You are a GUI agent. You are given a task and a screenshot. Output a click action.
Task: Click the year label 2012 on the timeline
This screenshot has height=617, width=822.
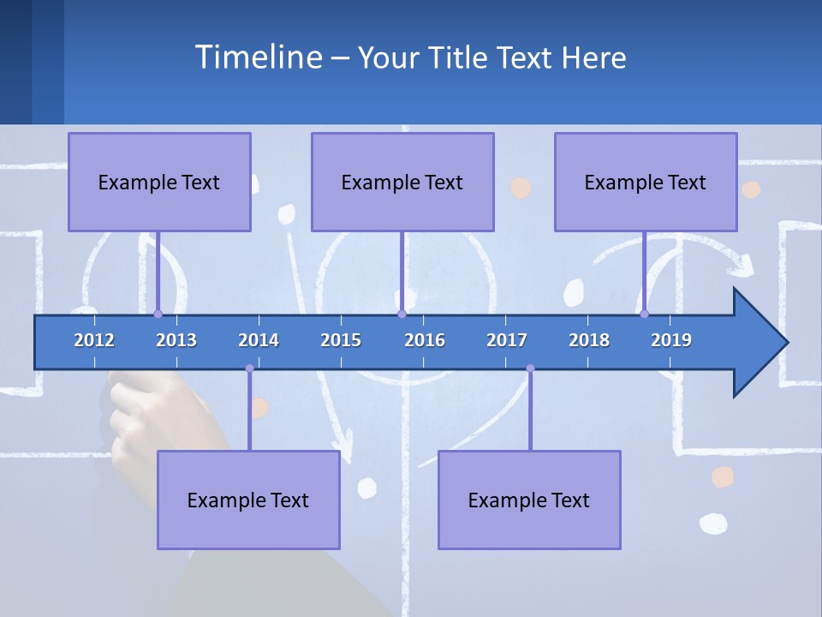(x=94, y=340)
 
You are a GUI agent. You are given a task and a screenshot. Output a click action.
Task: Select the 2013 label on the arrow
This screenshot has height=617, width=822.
(x=176, y=340)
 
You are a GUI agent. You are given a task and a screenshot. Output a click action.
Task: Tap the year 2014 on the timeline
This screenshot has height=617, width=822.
(x=259, y=340)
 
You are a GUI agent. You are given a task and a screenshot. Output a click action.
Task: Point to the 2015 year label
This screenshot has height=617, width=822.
(x=341, y=340)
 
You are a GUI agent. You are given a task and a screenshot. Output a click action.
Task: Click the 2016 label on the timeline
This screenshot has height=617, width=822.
(x=425, y=340)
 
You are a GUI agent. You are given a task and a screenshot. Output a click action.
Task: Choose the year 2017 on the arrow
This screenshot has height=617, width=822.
(x=507, y=340)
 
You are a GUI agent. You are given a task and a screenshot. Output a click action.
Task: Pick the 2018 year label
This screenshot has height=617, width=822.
(x=589, y=340)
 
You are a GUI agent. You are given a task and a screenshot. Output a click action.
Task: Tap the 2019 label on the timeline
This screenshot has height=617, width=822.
(x=671, y=340)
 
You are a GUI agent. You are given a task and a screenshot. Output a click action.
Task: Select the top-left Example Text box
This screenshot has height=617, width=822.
(x=159, y=182)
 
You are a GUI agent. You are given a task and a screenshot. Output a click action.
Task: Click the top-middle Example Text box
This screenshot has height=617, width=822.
(x=402, y=182)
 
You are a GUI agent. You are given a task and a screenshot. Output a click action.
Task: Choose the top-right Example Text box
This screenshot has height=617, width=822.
(x=646, y=182)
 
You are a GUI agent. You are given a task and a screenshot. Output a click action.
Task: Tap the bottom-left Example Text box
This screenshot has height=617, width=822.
(x=248, y=500)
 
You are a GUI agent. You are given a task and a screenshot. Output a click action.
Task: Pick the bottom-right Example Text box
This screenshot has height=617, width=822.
(x=529, y=500)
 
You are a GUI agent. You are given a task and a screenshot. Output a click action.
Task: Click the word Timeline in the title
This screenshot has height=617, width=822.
(x=258, y=57)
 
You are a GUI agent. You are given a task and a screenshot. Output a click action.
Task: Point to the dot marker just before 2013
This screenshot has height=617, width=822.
(x=158, y=314)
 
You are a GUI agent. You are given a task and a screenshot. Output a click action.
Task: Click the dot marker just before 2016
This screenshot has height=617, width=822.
(x=402, y=314)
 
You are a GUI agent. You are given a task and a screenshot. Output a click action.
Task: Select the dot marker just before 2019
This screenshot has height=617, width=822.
(x=644, y=314)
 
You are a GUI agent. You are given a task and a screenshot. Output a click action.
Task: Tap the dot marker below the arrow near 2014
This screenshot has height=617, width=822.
(x=249, y=368)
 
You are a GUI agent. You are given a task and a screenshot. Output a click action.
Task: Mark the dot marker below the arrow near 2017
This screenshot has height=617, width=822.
(x=530, y=368)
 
